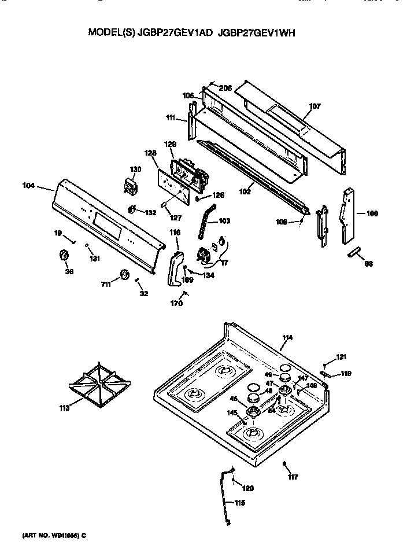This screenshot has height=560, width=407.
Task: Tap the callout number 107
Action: pyautogui.click(x=314, y=106)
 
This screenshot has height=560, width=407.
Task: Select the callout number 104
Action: pyautogui.click(x=28, y=186)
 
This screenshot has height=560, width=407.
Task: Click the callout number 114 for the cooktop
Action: pyautogui.click(x=287, y=337)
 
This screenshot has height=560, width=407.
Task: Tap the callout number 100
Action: pyautogui.click(x=372, y=213)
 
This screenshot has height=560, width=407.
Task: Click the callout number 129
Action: pyautogui.click(x=170, y=144)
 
